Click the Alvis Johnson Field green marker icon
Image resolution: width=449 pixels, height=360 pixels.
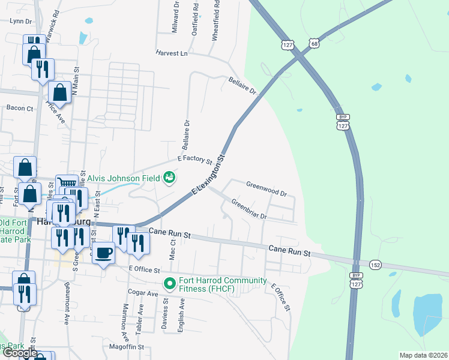pyautogui.click(x=170, y=178)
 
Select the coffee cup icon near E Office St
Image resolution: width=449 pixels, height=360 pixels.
pyautogui.click(x=103, y=252)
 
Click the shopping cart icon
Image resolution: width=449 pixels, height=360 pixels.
pyautogui.click(x=66, y=184)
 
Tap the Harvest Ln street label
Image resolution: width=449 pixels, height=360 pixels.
pyautogui.click(x=172, y=53)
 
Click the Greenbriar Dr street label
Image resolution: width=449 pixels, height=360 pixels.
pyautogui.click(x=249, y=209)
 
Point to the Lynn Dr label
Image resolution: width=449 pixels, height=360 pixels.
pyautogui.click(x=21, y=20)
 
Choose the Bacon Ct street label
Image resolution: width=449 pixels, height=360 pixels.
pyautogui.click(x=20, y=108)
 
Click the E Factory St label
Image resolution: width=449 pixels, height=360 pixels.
pyautogui.click(x=195, y=160)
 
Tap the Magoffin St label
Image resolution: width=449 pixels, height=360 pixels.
pyautogui.click(x=127, y=347)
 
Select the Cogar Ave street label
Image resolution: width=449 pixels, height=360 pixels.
pyautogui.click(x=143, y=292)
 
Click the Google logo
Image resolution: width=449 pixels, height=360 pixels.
pyautogui.click(x=20, y=353)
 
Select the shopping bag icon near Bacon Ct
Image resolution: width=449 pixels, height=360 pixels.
pyautogui.click(x=59, y=93)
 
